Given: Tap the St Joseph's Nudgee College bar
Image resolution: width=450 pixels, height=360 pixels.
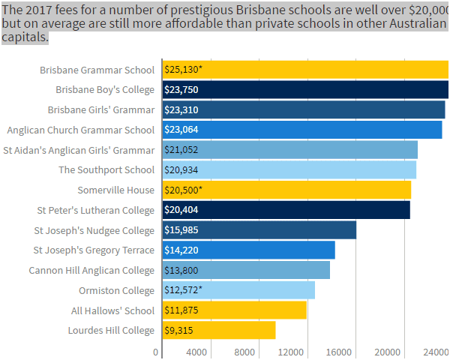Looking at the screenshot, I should [259, 230].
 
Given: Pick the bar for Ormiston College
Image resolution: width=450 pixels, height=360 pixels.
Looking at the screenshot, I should [238, 290].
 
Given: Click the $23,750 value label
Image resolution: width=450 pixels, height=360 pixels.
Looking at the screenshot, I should [181, 90].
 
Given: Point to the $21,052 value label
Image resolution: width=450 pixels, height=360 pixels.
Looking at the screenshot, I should [181, 150].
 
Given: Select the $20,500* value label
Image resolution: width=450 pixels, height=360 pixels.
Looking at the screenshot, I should [183, 190].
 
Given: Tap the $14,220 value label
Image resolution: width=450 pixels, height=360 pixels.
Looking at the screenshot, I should [181, 250].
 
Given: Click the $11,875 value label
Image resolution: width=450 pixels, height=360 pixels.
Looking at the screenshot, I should [181, 310].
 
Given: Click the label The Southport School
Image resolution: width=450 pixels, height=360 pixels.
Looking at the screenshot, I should [106, 169].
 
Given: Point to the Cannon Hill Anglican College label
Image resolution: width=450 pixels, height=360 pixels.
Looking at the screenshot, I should [91, 270].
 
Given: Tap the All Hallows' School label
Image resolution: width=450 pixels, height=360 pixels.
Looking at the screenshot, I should [112, 310].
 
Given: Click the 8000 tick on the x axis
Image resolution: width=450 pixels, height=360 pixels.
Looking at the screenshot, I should [244, 352].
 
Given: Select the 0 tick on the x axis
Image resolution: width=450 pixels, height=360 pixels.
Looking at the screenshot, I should [156, 352].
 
